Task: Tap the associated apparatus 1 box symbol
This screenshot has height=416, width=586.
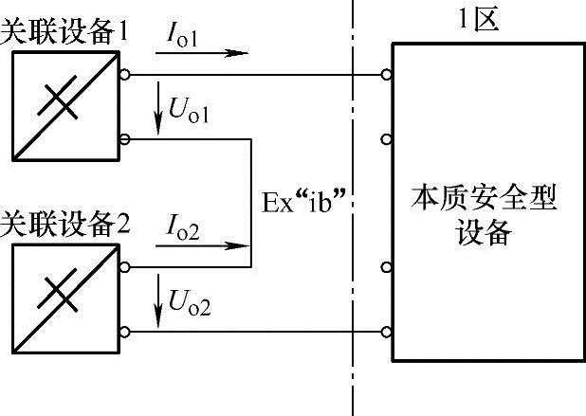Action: pyautogui.click(x=65, y=105)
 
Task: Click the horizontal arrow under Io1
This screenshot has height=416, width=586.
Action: pyautogui.click(x=200, y=54)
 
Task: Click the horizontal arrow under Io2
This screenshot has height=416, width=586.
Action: pyautogui.click(x=200, y=248)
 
